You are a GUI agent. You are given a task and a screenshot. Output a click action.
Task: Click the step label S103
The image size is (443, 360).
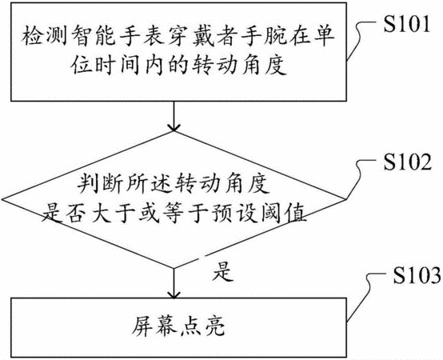tap(417, 274)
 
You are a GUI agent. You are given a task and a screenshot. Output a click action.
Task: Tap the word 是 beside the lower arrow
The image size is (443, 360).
tap(223, 271)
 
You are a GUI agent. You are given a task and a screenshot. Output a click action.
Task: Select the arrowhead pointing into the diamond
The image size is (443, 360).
tap(174, 127)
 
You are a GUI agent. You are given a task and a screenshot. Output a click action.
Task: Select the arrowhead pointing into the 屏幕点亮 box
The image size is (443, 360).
tap(174, 294)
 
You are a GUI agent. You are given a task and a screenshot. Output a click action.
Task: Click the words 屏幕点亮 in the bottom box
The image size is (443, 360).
tap(178, 327)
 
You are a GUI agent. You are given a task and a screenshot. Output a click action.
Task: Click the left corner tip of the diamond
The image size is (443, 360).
tap(2, 199)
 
